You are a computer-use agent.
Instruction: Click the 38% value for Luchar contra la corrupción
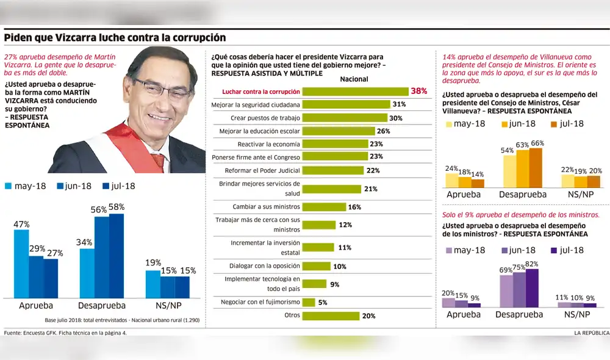(419, 91)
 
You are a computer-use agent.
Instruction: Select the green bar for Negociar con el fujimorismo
(309, 302)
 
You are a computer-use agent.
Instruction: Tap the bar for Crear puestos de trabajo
(345, 118)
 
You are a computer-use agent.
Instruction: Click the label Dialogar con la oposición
(264, 266)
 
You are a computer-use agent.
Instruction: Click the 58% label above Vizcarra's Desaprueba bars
(116, 207)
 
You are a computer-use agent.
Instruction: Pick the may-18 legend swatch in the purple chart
(450, 250)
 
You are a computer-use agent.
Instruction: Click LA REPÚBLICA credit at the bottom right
(590, 333)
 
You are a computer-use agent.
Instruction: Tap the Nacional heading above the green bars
(354, 79)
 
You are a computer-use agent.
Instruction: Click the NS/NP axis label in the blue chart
(167, 306)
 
